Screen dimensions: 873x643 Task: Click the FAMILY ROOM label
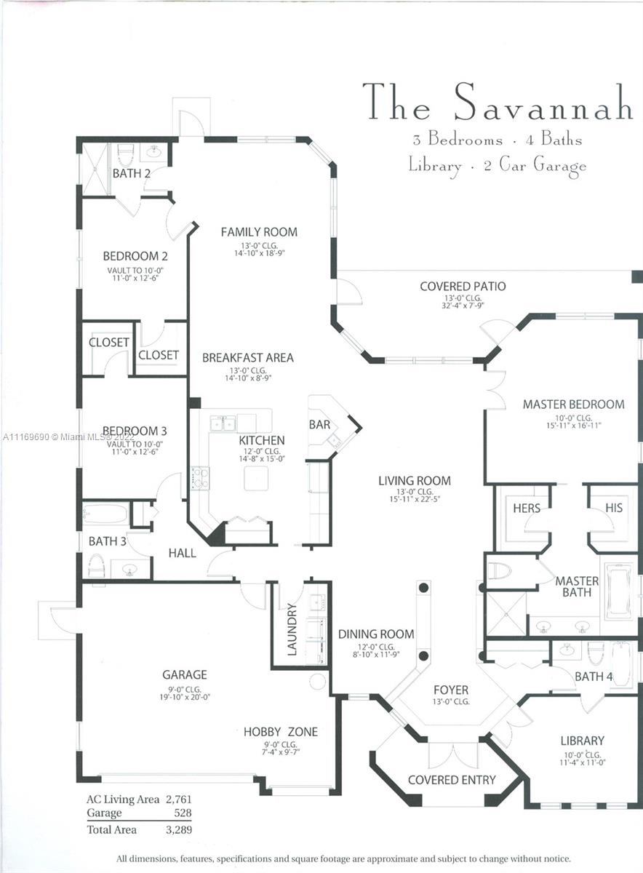(259, 232)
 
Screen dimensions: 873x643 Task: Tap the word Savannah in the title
(543, 103)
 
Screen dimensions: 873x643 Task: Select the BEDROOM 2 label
(135, 256)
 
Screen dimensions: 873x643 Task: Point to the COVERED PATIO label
(463, 287)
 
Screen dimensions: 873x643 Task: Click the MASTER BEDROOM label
(573, 404)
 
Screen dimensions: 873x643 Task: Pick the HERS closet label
(527, 508)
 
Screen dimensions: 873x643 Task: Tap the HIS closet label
(614, 508)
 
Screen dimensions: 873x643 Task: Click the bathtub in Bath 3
(106, 514)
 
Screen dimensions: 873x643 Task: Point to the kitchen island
(256, 478)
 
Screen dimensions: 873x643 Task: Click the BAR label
(320, 424)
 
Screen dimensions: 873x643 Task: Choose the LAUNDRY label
(292, 629)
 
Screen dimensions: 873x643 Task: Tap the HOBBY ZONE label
(280, 732)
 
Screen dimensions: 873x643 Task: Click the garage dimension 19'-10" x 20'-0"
(185, 697)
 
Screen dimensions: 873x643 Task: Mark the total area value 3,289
(178, 829)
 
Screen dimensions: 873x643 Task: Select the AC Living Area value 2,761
(178, 800)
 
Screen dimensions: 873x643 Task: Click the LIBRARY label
(582, 741)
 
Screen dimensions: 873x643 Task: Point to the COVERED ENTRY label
(452, 780)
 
